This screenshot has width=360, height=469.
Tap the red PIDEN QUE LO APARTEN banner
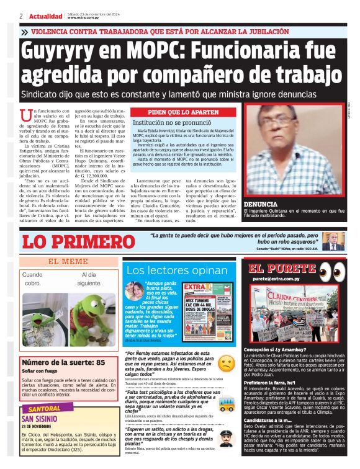tap(184, 112)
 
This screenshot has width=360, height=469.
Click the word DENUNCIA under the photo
tap(261, 203)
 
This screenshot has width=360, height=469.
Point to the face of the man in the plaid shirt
tap(281, 121)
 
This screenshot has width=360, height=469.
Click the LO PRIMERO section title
tap(70, 241)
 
